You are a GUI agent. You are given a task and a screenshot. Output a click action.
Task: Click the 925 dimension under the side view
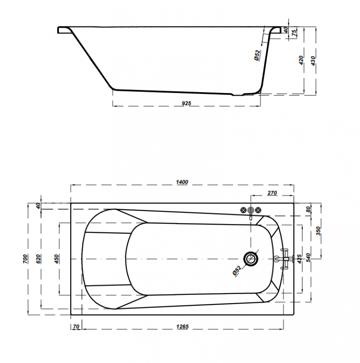tap(186, 103)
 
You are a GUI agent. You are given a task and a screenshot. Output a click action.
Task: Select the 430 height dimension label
tap(313, 61)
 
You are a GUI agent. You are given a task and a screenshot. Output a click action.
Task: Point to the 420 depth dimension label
tap(301, 60)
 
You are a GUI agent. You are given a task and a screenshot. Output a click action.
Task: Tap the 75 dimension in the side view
tap(294, 33)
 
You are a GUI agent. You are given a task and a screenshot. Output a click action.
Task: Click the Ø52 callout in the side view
tap(257, 55)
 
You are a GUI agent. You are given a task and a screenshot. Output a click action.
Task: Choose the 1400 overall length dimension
tap(182, 182)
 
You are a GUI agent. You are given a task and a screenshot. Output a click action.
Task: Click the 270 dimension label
tap(272, 193)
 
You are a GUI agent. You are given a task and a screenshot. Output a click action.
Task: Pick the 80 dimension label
tap(308, 210)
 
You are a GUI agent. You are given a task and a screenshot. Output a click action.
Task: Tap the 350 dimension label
tap(319, 231)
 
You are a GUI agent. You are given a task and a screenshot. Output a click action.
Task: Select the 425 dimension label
tap(299, 259)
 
